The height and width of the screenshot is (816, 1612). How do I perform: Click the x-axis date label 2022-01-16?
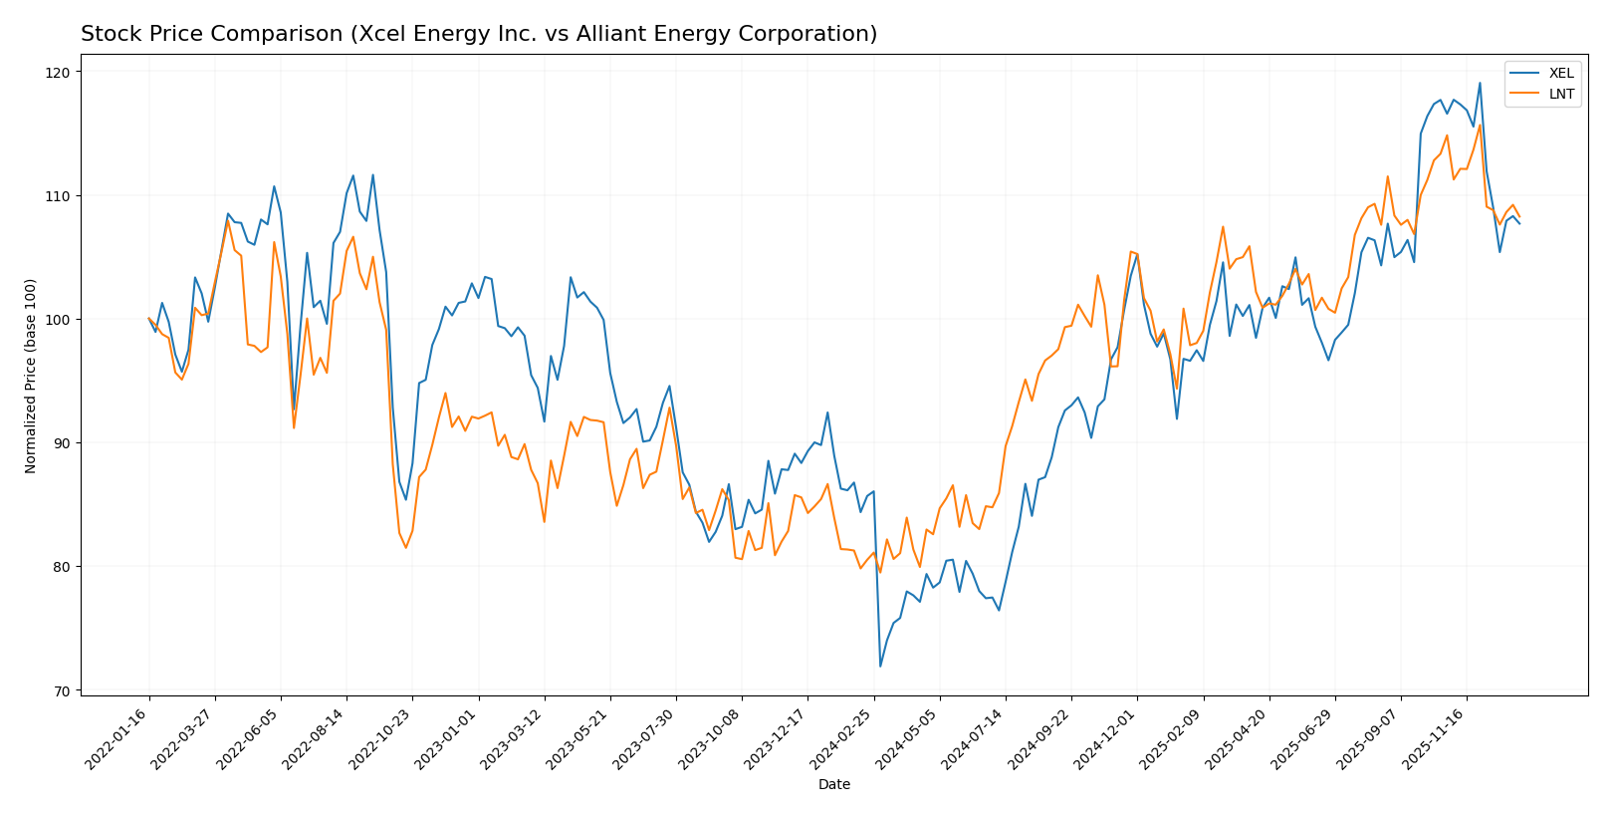tap(117, 738)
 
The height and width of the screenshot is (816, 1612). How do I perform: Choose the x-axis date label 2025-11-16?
tap(1435, 738)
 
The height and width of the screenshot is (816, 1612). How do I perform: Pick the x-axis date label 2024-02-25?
tap(842, 738)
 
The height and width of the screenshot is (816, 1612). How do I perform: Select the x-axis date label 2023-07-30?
tap(644, 738)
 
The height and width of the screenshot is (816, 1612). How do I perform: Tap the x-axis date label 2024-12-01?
tap(1105, 738)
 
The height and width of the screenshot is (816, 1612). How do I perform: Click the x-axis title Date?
tap(833, 785)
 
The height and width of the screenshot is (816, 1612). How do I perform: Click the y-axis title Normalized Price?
tap(31, 376)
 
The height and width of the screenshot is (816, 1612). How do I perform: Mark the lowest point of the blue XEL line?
tap(880, 666)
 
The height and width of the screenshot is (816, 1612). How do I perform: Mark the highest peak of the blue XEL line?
tap(1480, 83)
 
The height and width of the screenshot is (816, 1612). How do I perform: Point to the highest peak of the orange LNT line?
tap(1480, 125)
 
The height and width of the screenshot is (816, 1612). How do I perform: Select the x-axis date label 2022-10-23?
tap(381, 738)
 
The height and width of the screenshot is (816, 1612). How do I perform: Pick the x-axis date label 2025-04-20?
tap(1238, 738)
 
